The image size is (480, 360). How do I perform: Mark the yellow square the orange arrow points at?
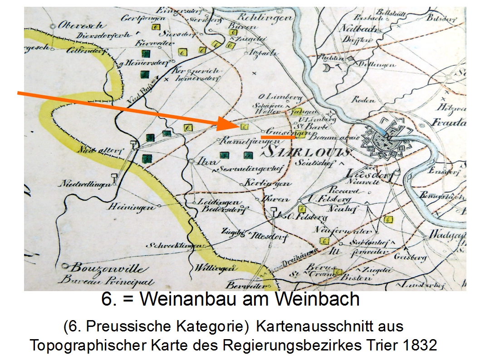244,127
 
